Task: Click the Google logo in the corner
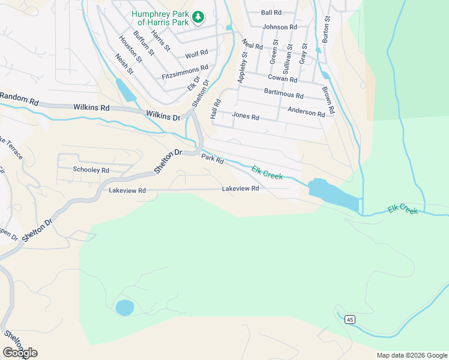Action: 20,353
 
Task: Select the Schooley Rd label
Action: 91,170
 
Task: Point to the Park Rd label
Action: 212,160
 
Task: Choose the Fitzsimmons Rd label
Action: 185,73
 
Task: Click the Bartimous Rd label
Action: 283,94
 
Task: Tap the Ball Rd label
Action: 271,13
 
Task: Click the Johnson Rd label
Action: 280,27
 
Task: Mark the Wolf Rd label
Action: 196,55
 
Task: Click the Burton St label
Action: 326,28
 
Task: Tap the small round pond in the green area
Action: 124,308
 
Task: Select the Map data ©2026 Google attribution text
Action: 412,355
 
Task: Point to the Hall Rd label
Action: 216,109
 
